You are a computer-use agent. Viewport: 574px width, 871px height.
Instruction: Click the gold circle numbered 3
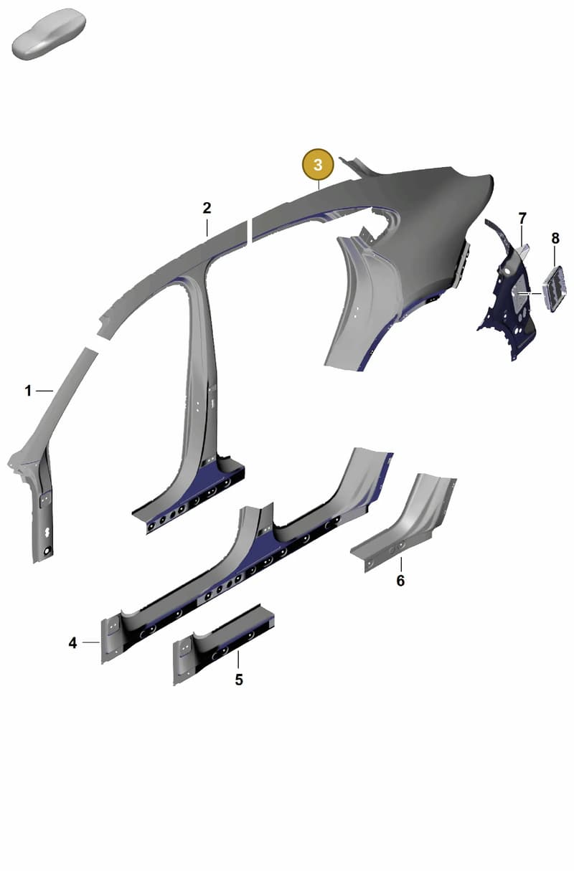coord(319,165)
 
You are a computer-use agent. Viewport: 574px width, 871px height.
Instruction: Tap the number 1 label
coord(28,391)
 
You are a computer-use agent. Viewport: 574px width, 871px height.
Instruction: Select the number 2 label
coord(207,208)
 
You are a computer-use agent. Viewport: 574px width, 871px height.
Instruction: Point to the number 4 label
coord(72,643)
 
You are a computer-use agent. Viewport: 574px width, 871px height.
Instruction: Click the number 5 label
coord(239,680)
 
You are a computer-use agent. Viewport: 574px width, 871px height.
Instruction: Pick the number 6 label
coord(400,581)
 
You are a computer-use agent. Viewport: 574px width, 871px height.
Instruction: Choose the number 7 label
coord(522,218)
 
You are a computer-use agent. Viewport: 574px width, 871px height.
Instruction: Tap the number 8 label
coord(555,238)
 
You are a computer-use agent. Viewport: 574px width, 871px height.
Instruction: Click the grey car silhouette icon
coord(49,34)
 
